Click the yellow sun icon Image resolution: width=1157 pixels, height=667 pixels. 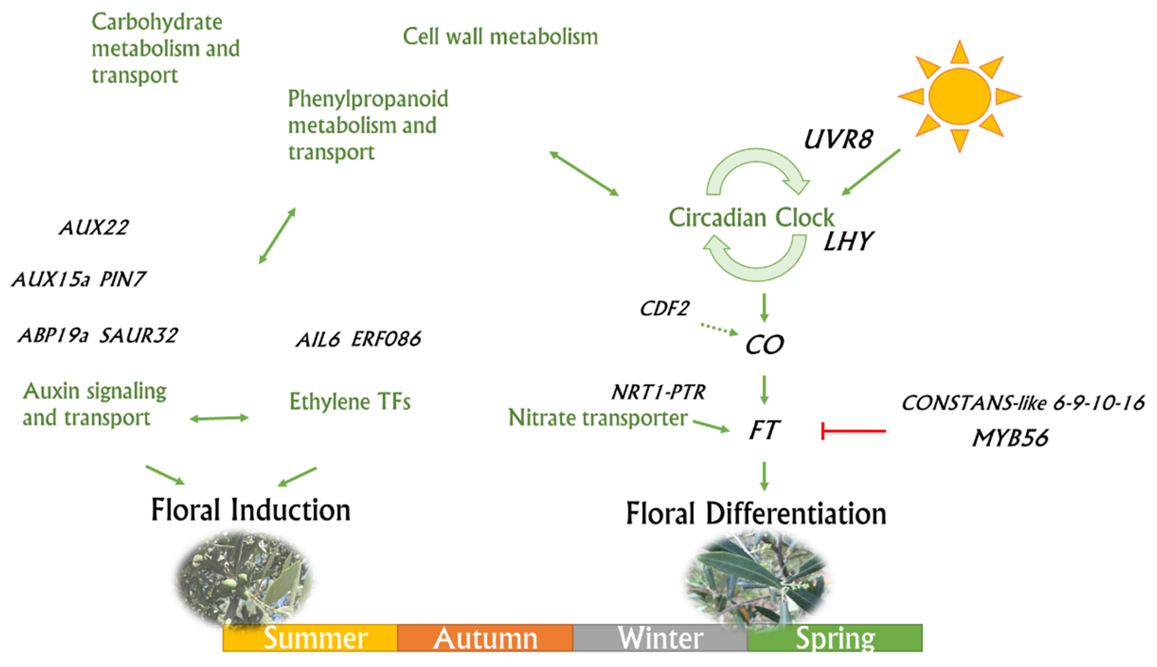[959, 96]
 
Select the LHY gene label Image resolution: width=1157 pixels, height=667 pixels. [848, 241]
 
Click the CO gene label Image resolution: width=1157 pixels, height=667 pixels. [764, 345]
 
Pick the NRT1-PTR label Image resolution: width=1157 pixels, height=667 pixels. [658, 392]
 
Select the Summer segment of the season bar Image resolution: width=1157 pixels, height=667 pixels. [310, 638]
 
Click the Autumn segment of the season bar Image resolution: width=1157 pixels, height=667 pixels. [485, 638]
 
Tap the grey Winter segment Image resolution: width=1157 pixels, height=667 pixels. [660, 638]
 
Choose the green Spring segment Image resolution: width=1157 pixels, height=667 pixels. [835, 638]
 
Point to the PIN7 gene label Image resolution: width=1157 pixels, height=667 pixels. [122, 279]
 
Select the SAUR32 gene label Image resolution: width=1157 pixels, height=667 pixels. [138, 336]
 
